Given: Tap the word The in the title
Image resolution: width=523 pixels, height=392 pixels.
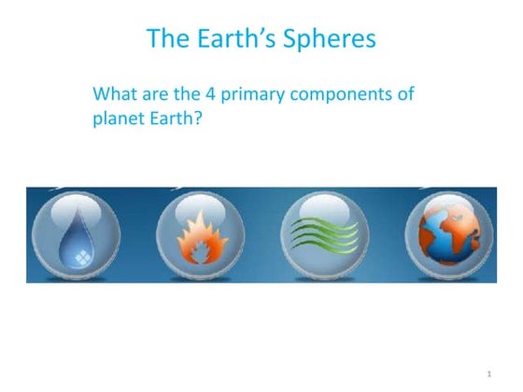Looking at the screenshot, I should (x=170, y=39).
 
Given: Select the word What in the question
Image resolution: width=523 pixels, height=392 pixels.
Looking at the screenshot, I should (x=116, y=95).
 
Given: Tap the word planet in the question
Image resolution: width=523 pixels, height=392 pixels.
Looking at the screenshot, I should (x=120, y=120).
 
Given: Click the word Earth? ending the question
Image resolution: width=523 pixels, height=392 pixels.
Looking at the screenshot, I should (x=178, y=120).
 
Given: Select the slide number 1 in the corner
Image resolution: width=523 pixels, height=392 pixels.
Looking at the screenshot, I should (x=488, y=374).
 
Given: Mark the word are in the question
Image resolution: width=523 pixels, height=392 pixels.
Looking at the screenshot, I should (x=158, y=95).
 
